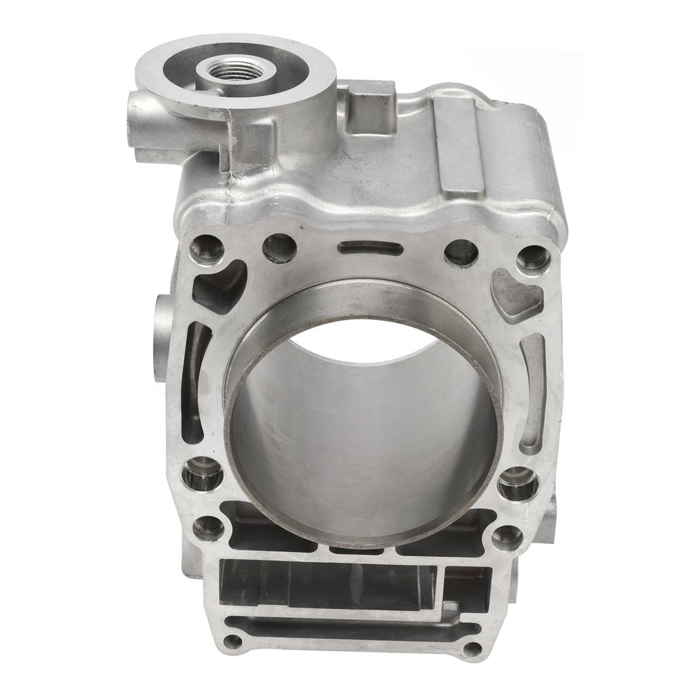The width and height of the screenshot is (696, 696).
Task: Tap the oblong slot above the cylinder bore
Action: click(x=370, y=248)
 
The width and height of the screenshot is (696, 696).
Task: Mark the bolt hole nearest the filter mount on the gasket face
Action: click(x=207, y=249)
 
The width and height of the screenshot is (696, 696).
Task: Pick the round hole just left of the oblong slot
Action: click(x=279, y=248)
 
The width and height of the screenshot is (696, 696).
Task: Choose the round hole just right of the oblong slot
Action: click(x=461, y=252)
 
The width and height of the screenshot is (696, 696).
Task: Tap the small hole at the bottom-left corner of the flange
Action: click(x=232, y=641)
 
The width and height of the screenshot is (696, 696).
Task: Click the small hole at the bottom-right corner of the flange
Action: click(x=472, y=649)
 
